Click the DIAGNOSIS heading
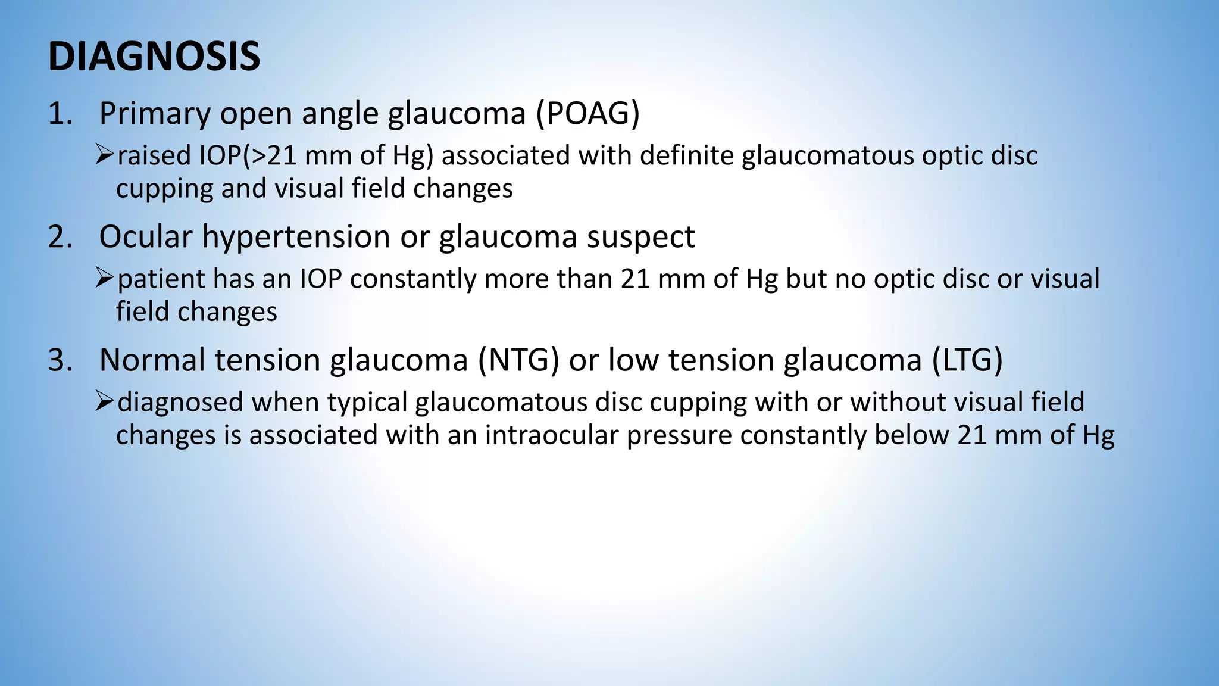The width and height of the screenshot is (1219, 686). click(154, 57)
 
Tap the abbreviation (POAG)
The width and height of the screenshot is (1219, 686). click(587, 113)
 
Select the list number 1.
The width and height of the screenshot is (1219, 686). click(60, 113)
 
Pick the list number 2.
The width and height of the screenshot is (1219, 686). click(60, 236)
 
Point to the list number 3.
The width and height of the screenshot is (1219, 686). click(60, 360)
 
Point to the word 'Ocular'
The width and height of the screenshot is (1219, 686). click(146, 236)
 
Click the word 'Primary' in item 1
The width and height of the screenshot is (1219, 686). click(154, 114)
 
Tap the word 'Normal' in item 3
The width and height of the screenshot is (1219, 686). click(152, 360)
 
